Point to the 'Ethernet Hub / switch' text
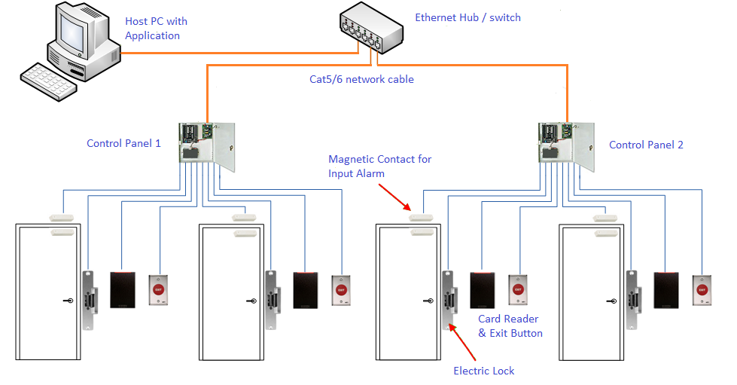pyautogui.click(x=467, y=17)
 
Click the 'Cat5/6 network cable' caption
pyautogui.click(x=361, y=79)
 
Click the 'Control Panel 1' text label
pyautogui.click(x=123, y=143)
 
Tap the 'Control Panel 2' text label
pyautogui.click(x=646, y=145)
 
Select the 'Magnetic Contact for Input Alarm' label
pyautogui.click(x=379, y=166)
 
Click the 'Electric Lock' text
pyautogui.click(x=484, y=370)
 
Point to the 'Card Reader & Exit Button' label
pyautogui.click(x=510, y=325)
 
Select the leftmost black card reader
pyautogui.click(x=122, y=289)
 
